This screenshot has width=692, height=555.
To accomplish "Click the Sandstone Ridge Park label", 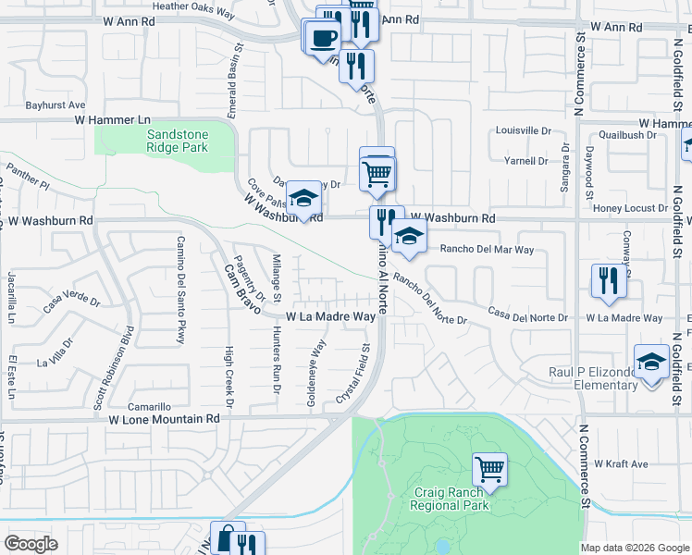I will point(178,141).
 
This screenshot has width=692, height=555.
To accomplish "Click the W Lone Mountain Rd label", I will point(164,418).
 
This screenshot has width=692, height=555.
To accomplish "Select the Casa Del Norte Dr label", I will point(527,316).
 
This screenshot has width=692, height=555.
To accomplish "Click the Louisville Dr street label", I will point(524,131).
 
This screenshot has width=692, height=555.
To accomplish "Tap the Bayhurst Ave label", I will point(56,105).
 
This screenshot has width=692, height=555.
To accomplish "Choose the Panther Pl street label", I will point(27,176).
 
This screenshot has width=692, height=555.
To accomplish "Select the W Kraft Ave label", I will point(624,463).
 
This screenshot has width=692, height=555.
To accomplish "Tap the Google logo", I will point(31,544).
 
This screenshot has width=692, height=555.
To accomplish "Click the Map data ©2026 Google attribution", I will point(635,548).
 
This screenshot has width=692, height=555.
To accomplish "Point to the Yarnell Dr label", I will point(529,161).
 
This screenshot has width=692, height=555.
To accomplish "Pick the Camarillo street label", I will point(150,407).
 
